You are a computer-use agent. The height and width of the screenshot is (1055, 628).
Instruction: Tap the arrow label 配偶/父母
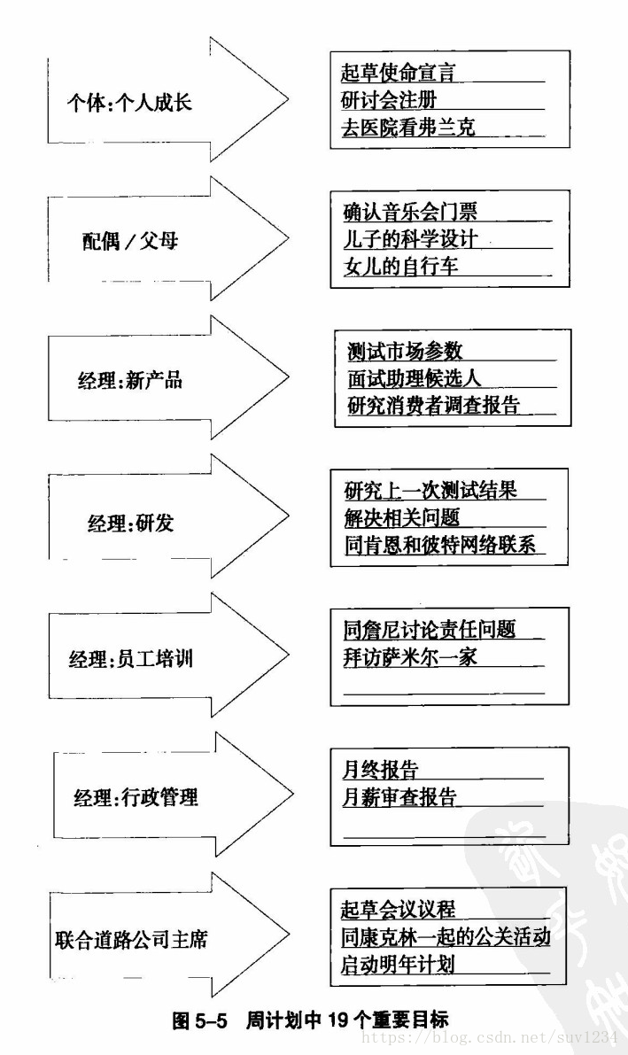coord(130,241)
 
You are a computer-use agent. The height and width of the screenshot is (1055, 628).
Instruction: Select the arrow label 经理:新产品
coord(129,380)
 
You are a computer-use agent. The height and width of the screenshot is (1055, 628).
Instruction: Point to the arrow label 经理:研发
coord(131,522)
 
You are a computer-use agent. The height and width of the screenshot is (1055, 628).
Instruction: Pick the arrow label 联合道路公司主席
coord(131,939)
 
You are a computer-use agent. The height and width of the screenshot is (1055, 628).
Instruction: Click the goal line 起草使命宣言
coord(399,72)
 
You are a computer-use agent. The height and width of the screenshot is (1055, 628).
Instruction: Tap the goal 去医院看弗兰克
coord(408,127)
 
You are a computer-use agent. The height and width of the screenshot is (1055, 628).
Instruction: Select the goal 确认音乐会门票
coord(410,212)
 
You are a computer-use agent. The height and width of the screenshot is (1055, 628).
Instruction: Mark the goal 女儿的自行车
coord(400,266)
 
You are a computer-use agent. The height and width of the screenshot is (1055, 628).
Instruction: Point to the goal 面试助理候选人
coord(414,378)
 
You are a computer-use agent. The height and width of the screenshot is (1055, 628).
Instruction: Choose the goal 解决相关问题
coord(402,517)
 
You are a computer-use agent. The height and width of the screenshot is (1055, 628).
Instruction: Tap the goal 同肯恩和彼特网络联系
coord(440,545)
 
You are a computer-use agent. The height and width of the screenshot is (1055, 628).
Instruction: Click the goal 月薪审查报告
coord(399,796)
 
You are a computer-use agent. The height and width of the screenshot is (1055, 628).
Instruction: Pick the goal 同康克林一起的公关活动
coord(446,936)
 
